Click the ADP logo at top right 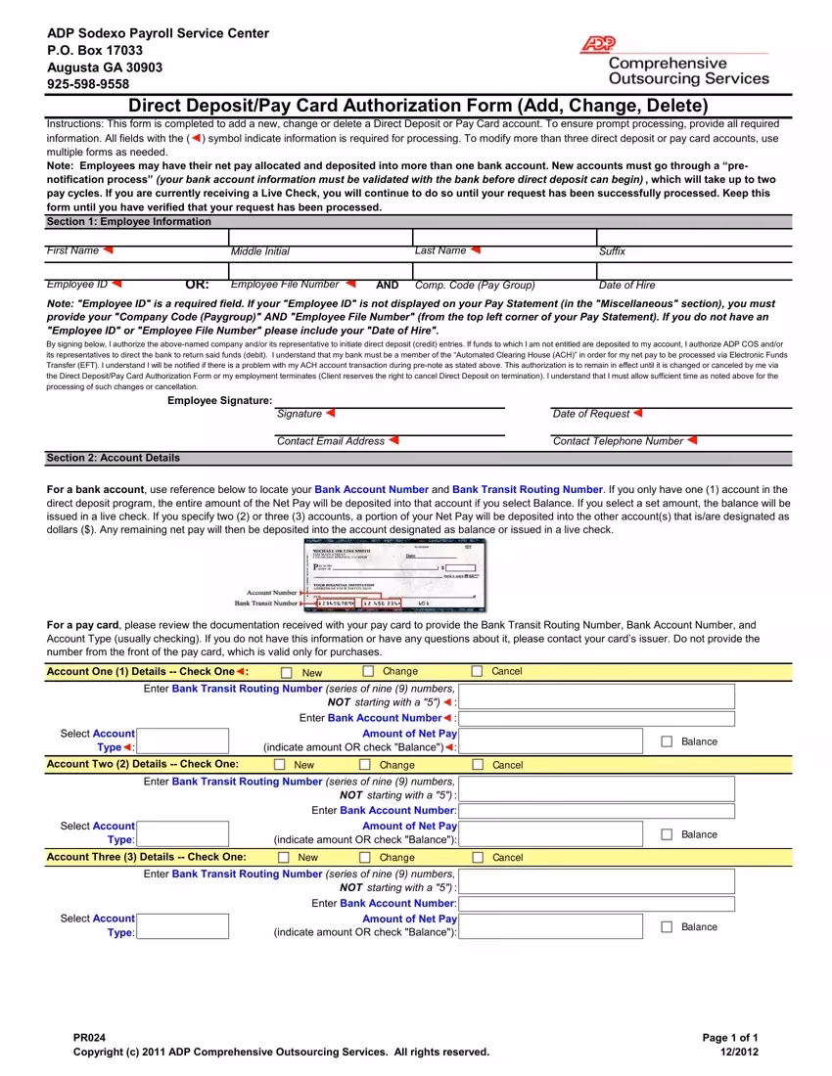point(597,44)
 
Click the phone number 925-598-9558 point(88,84)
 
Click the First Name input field point(137,238)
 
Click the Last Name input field point(504,238)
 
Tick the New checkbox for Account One point(287,672)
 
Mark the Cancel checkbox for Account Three point(479,857)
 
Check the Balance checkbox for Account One point(668,741)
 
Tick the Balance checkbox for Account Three point(668,926)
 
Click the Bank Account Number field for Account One point(595,718)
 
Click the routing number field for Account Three point(595,881)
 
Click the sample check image point(393,574)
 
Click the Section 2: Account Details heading point(114,458)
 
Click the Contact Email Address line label point(331,441)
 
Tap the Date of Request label point(590,414)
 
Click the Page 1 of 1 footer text point(730,1038)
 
